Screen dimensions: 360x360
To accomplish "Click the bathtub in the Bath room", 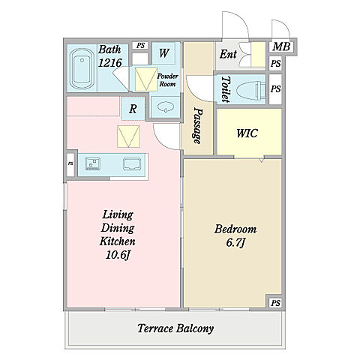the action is point(81,69).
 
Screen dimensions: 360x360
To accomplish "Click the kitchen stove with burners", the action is point(92,163).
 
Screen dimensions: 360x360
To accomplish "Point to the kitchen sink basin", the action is point(132,164).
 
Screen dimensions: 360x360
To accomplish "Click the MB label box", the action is point(281,46).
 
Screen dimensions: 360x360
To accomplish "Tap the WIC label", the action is point(247,133).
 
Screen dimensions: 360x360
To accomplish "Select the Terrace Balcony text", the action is point(175,328).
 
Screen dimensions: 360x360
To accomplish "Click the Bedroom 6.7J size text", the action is point(235,243).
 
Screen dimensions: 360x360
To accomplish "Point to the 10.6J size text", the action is point(118,255).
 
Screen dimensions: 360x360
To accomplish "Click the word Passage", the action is point(197,126).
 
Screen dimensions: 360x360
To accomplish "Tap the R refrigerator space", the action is point(133,109).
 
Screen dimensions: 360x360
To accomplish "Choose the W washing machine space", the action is point(163,53).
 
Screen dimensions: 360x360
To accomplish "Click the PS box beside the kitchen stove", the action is point(70,163).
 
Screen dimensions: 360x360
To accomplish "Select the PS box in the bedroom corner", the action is point(275,303).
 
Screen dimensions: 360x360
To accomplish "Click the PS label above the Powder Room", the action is point(141,46).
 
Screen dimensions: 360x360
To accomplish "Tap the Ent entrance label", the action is point(228,54).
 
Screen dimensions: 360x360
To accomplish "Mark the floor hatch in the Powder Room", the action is point(146,79).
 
